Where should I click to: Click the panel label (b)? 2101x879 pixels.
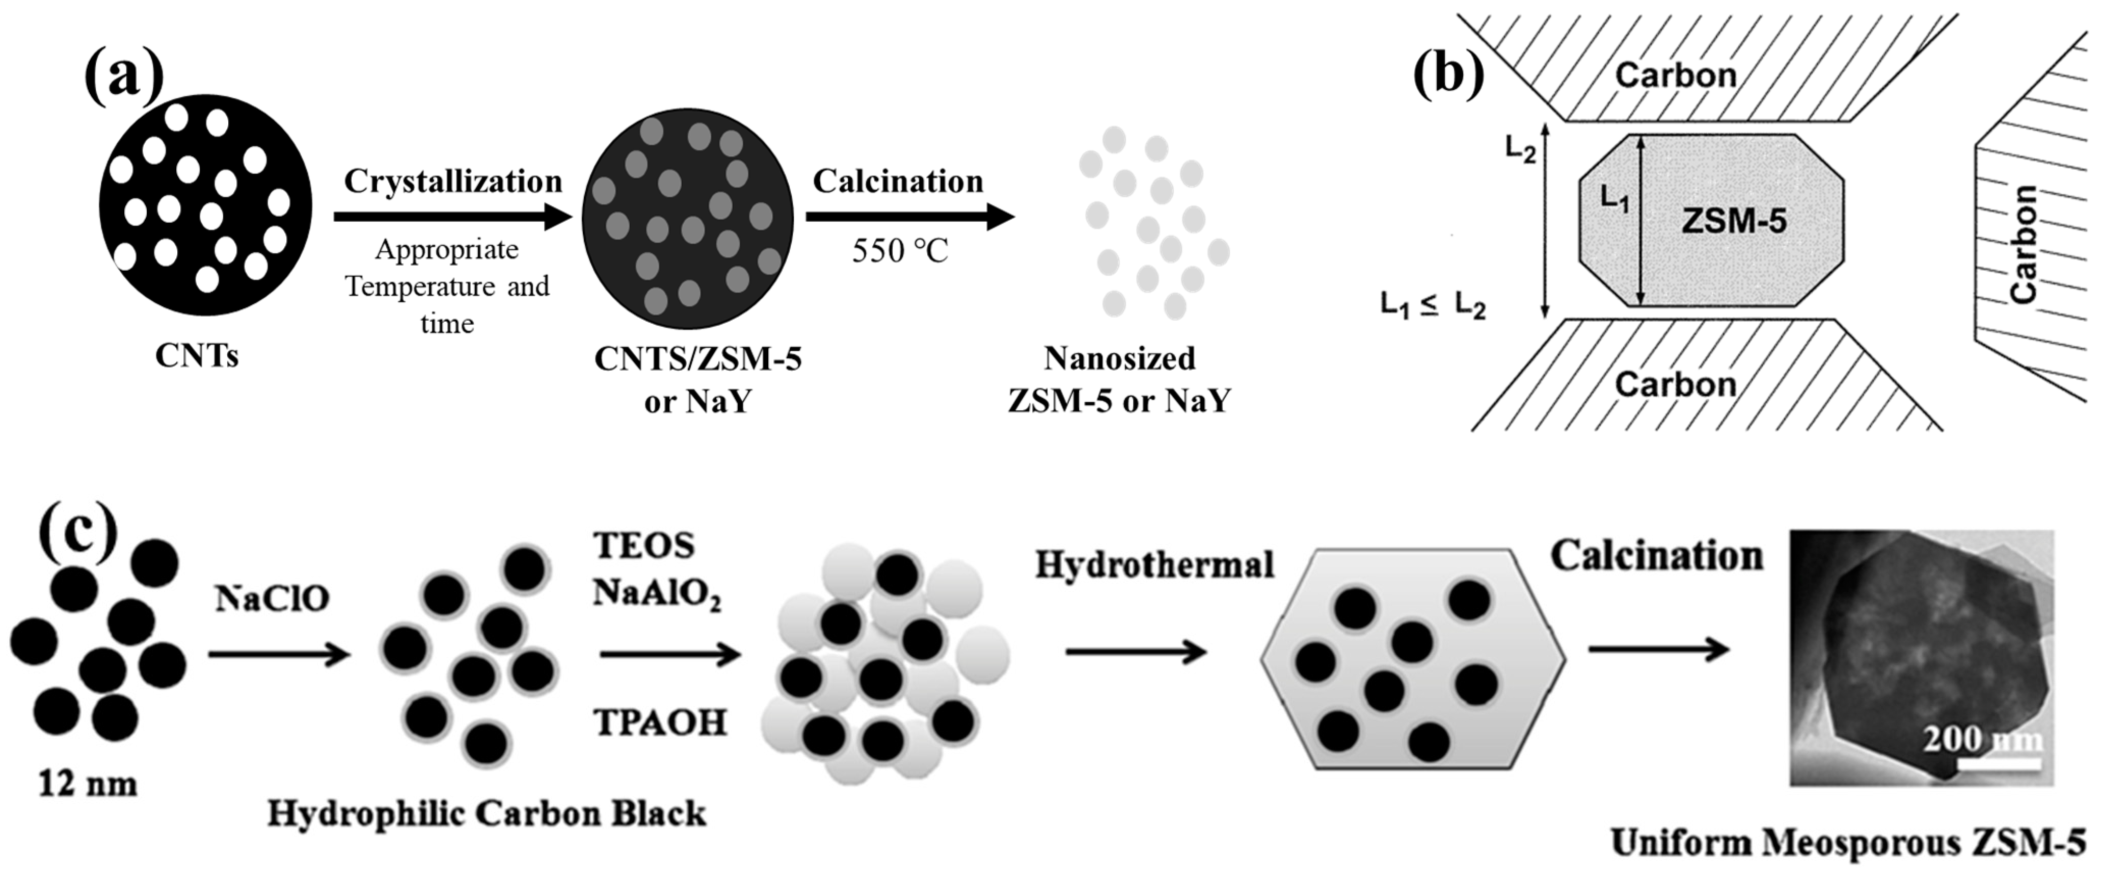(1448, 73)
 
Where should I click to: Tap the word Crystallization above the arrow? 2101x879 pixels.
(453, 181)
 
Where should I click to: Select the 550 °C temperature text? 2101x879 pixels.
(900, 250)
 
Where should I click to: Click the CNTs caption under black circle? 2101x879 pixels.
(197, 356)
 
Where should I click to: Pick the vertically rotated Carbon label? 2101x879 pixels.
(2023, 245)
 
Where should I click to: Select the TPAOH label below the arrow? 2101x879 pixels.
(660, 722)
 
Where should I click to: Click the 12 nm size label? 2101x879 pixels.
(87, 784)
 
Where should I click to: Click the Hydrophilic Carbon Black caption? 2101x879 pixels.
(487, 814)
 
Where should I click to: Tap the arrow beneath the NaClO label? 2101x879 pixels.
(279, 654)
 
